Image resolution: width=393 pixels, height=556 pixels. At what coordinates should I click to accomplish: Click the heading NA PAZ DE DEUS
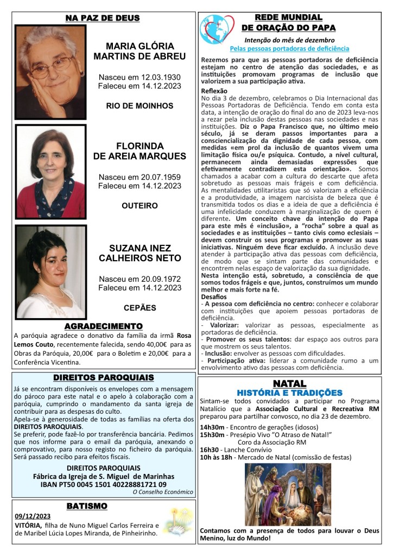tap(103, 18)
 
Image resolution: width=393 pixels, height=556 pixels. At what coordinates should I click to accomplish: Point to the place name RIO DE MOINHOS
tap(140, 105)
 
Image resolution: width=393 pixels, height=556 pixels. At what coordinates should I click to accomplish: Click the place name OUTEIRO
tap(140, 206)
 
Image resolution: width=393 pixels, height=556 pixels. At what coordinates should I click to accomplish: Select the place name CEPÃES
tap(140, 307)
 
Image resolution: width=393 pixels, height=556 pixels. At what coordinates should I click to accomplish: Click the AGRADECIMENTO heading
tap(103, 326)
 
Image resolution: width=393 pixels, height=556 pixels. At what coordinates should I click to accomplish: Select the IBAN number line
tap(103, 484)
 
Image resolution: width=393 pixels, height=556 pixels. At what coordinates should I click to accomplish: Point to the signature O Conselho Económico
tap(163, 492)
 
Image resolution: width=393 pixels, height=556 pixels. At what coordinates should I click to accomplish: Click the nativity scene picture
tap(288, 494)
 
